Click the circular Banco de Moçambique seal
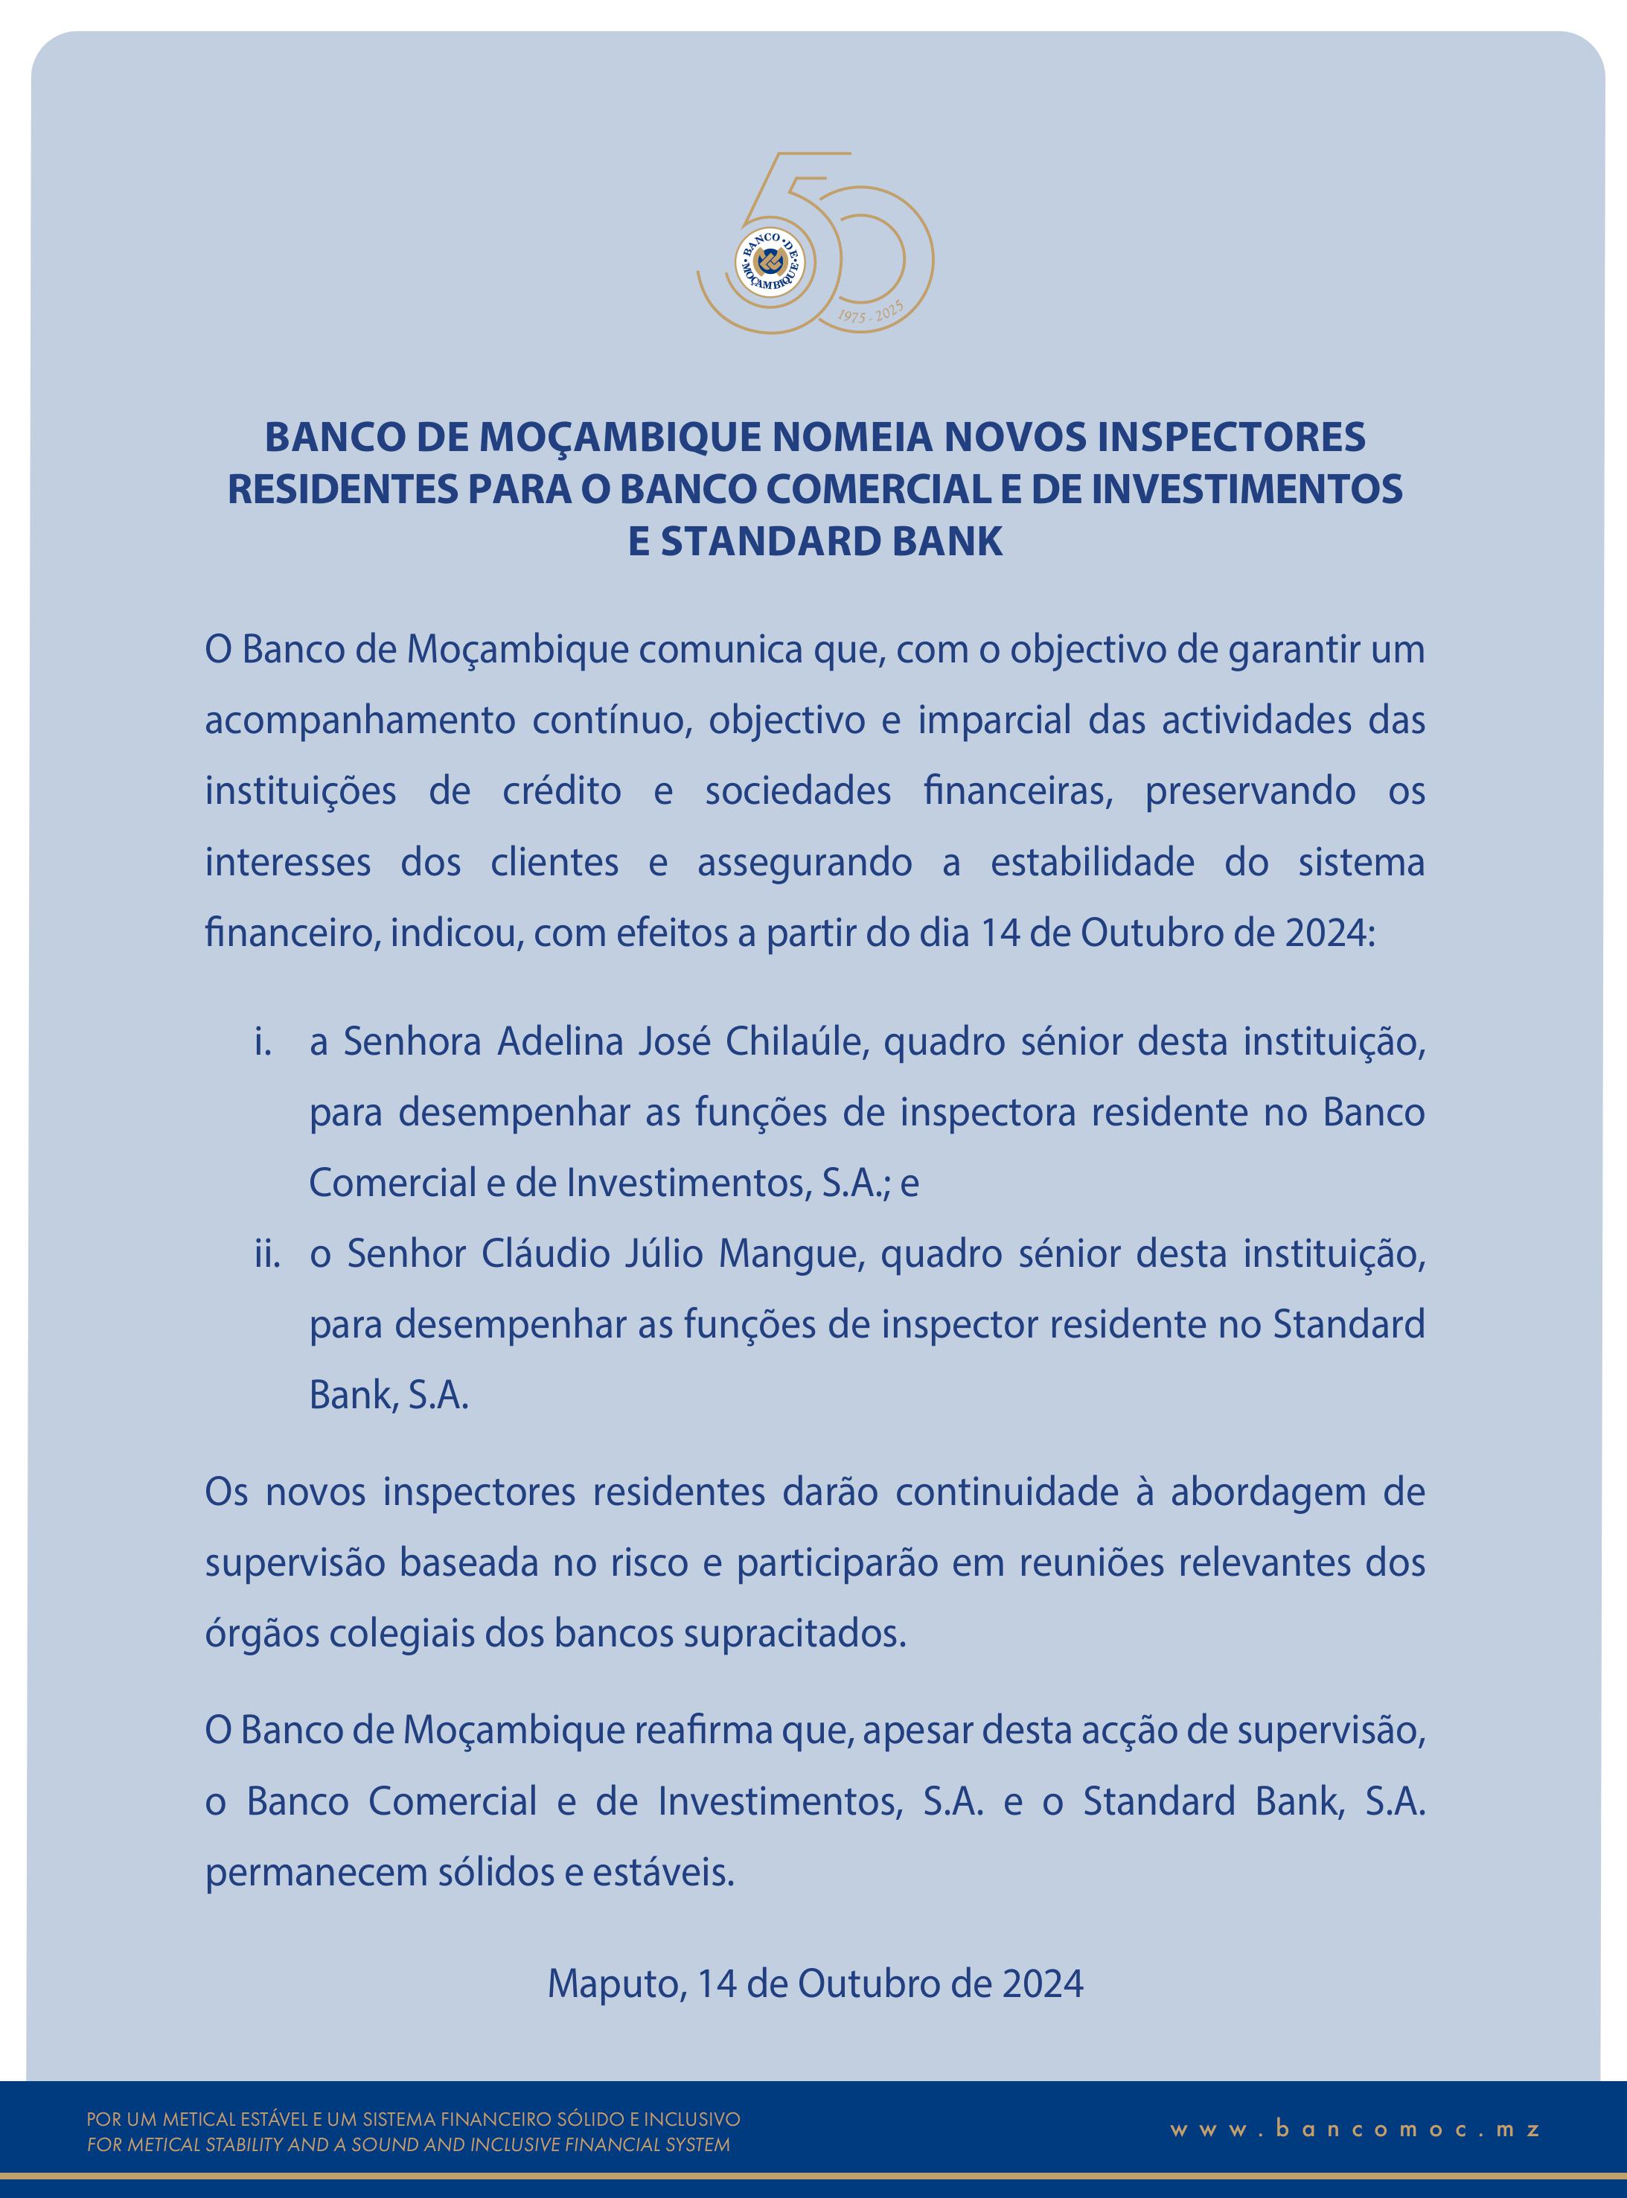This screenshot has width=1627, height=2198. (x=769, y=261)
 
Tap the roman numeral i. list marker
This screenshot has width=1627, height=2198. (x=262, y=1042)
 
